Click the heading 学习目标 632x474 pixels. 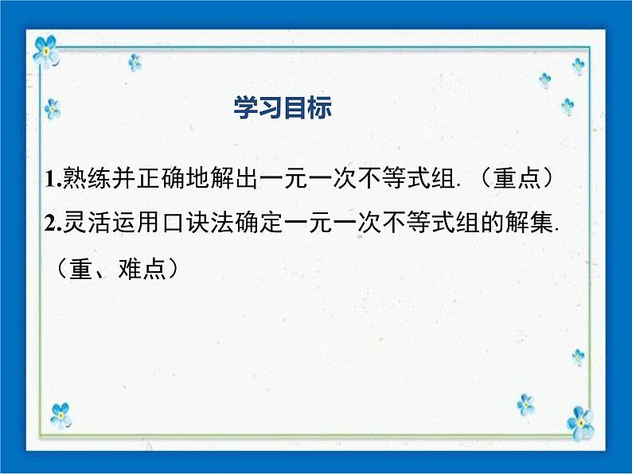[x=283, y=109]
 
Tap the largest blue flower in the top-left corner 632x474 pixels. [x=45, y=50]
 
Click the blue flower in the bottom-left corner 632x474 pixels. [x=60, y=414]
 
